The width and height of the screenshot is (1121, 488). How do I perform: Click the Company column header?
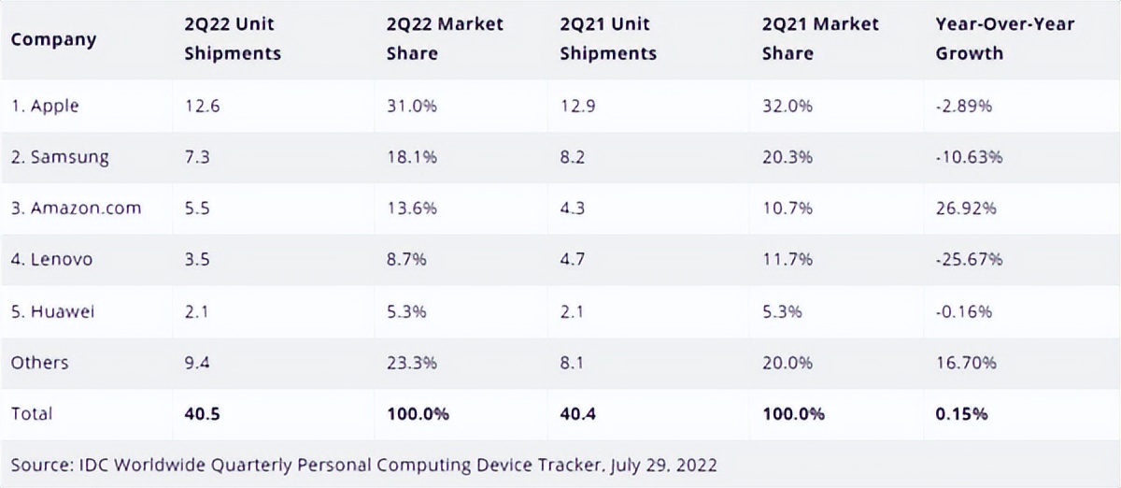[x=53, y=39]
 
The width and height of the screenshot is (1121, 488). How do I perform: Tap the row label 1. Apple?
[x=45, y=106]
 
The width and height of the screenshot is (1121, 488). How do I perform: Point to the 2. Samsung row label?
[x=60, y=157]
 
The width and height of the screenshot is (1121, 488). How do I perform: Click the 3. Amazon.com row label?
[x=76, y=208]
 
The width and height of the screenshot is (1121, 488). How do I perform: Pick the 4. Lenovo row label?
[x=51, y=259]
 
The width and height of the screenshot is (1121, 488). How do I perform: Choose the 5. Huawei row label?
[x=52, y=310]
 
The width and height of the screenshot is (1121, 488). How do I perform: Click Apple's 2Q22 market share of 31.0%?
[x=412, y=106]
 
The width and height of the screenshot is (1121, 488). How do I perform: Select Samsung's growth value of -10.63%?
[x=970, y=157]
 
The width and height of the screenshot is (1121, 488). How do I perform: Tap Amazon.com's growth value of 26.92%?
[x=966, y=208]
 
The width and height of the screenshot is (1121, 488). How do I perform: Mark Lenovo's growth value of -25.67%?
[x=970, y=259]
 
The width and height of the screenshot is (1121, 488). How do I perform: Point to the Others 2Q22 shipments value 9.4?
[x=197, y=362]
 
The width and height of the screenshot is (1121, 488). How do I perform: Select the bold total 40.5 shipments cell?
[x=202, y=413]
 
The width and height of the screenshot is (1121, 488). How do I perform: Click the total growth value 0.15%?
[x=962, y=413]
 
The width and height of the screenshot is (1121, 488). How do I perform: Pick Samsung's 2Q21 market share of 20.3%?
[x=788, y=157]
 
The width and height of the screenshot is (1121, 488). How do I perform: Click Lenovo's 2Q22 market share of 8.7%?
[x=407, y=259]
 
